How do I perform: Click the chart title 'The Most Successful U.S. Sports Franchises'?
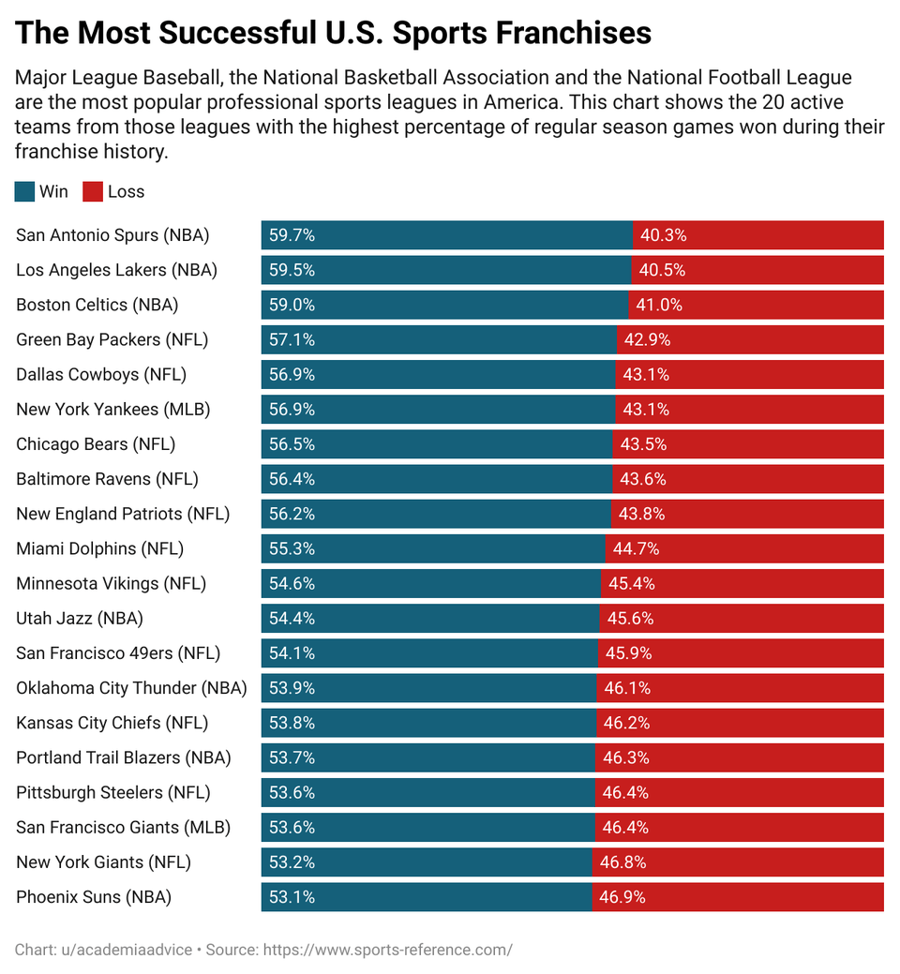click(x=334, y=34)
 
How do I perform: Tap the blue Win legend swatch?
click(x=25, y=192)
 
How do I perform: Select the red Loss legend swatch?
click(x=93, y=192)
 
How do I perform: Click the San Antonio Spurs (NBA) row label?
click(x=112, y=235)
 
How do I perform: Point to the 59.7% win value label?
click(x=292, y=235)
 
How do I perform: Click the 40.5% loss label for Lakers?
click(x=662, y=270)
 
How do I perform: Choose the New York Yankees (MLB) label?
click(x=112, y=410)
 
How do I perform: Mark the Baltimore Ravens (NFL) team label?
click(x=107, y=479)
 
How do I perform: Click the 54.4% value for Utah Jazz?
click(x=292, y=619)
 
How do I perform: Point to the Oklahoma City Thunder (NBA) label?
click(x=131, y=688)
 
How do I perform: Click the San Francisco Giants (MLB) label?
click(x=123, y=828)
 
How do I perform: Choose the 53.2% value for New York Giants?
click(x=292, y=862)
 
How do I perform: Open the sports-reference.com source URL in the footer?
click(x=387, y=950)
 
